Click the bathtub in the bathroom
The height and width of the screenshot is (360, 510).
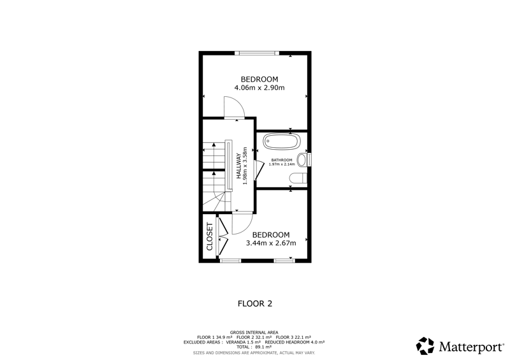pyautogui.click(x=280, y=141)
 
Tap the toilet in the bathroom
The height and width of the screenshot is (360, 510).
pyautogui.click(x=298, y=178)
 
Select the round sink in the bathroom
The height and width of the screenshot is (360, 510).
pyautogui.click(x=302, y=160)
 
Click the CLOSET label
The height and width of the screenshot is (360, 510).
pyautogui.click(x=210, y=236)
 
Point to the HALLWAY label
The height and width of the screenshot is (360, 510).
pyautogui.click(x=238, y=166)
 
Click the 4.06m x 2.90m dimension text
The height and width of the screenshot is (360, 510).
pyautogui.click(x=259, y=87)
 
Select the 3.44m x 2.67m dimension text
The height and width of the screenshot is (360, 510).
pyautogui.click(x=271, y=243)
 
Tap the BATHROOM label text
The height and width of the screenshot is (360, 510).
pyautogui.click(x=282, y=160)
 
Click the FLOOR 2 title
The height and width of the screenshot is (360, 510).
pyautogui.click(x=255, y=304)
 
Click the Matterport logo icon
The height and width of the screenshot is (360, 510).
pyautogui.click(x=425, y=346)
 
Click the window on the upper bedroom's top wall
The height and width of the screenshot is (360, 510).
pyautogui.click(x=257, y=53)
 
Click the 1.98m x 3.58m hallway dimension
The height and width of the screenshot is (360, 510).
pyautogui.click(x=245, y=166)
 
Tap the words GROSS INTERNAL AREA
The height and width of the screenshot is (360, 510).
pyautogui.click(x=254, y=333)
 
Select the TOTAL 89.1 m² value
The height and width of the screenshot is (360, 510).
pyautogui.click(x=254, y=347)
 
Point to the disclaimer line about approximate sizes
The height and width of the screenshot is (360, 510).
pyautogui.click(x=254, y=352)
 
